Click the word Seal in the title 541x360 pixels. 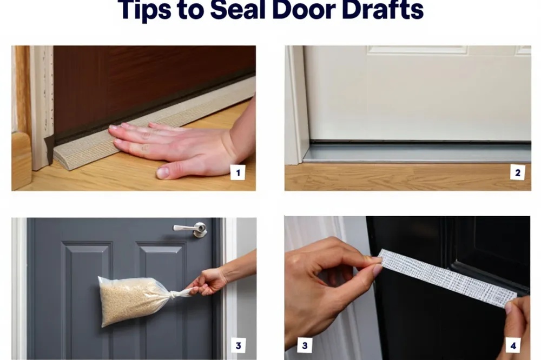pos(237,10)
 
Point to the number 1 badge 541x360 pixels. pos(237,172)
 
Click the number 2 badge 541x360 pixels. pos(518,172)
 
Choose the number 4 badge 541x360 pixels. pos(513,345)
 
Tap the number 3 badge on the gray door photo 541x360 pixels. pos(239,345)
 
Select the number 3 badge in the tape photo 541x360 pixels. pos(305,345)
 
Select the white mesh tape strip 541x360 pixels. pos(447,278)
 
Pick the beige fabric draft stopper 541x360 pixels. pos(152,124)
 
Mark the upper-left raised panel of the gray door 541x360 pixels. pos(87,293)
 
